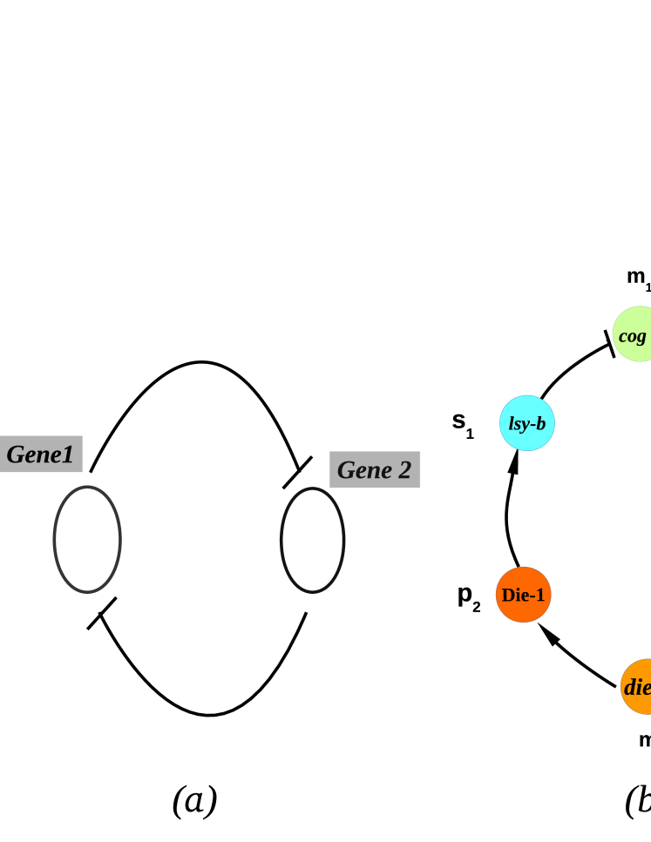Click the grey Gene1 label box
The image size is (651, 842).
pos(41,454)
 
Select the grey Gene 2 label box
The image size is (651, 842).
pos(375,469)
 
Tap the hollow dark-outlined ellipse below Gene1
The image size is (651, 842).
pos(87,539)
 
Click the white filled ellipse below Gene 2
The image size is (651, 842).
pos(312,540)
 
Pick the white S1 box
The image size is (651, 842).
pos(463,423)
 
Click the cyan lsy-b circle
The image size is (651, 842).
pos(527,423)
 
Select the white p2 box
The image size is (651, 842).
pos(469,596)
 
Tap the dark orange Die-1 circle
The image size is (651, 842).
pos(524,595)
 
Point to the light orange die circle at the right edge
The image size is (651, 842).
pos(637,687)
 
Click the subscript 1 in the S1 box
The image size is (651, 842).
pos(471,434)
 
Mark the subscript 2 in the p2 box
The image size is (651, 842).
pos(477,607)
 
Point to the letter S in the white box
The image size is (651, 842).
pos(458,421)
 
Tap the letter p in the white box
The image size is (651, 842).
pos(465,594)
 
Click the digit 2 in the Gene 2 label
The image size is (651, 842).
pos(403,470)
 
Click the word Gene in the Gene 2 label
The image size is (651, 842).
pos(364,470)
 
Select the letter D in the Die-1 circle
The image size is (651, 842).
pos(508,596)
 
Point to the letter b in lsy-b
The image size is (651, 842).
pos(540,424)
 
